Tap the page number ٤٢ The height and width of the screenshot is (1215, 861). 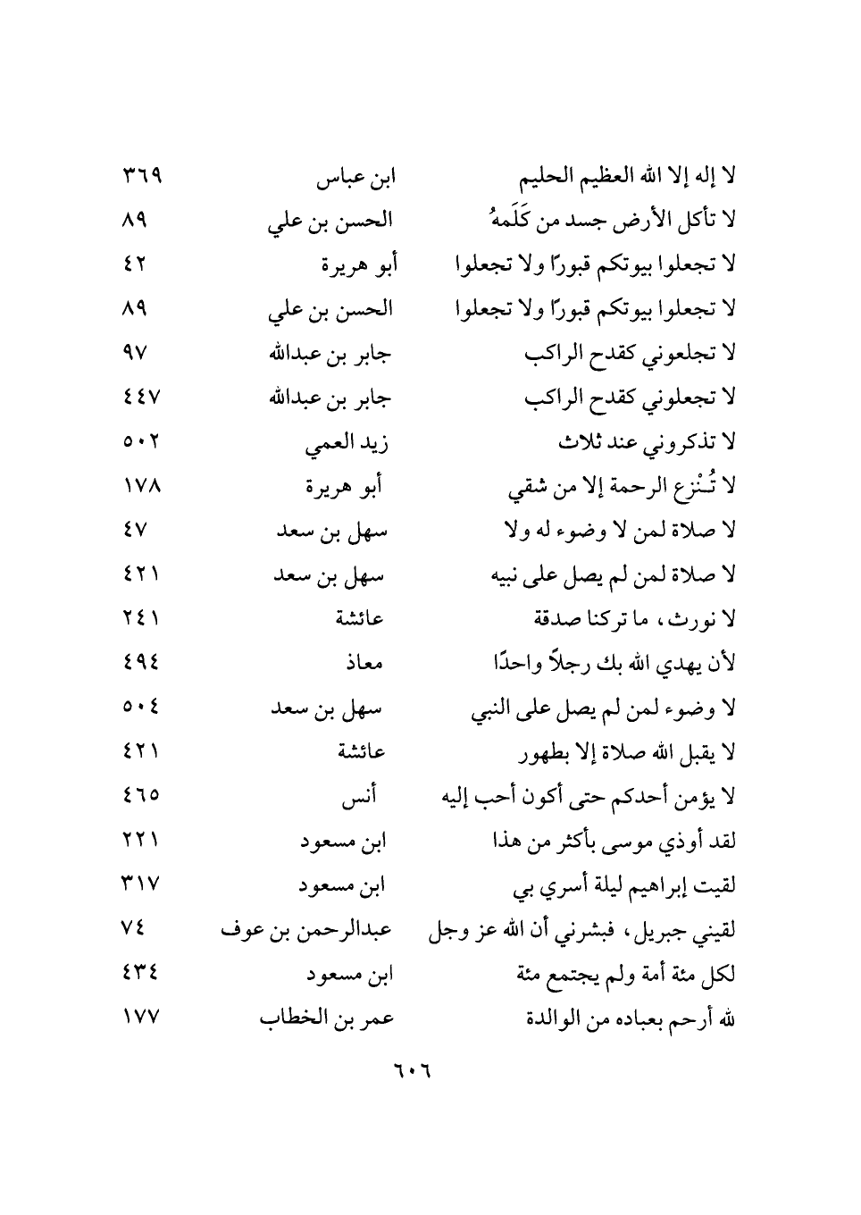coord(133,264)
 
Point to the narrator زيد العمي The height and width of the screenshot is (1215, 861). coord(347,443)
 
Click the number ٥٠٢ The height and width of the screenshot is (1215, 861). coord(139,441)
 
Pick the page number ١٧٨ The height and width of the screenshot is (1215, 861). coord(140,486)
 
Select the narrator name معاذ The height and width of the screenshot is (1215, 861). coord(364,664)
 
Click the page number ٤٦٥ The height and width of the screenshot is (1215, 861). coord(139,795)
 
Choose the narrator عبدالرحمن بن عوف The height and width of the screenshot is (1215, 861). coord(306,930)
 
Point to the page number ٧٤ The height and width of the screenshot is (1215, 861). coord(131,928)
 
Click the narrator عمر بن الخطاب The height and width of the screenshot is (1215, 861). coord(327,1018)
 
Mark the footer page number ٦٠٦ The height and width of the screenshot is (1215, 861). coord(411,1070)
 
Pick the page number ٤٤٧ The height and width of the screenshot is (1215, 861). coord(139,398)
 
